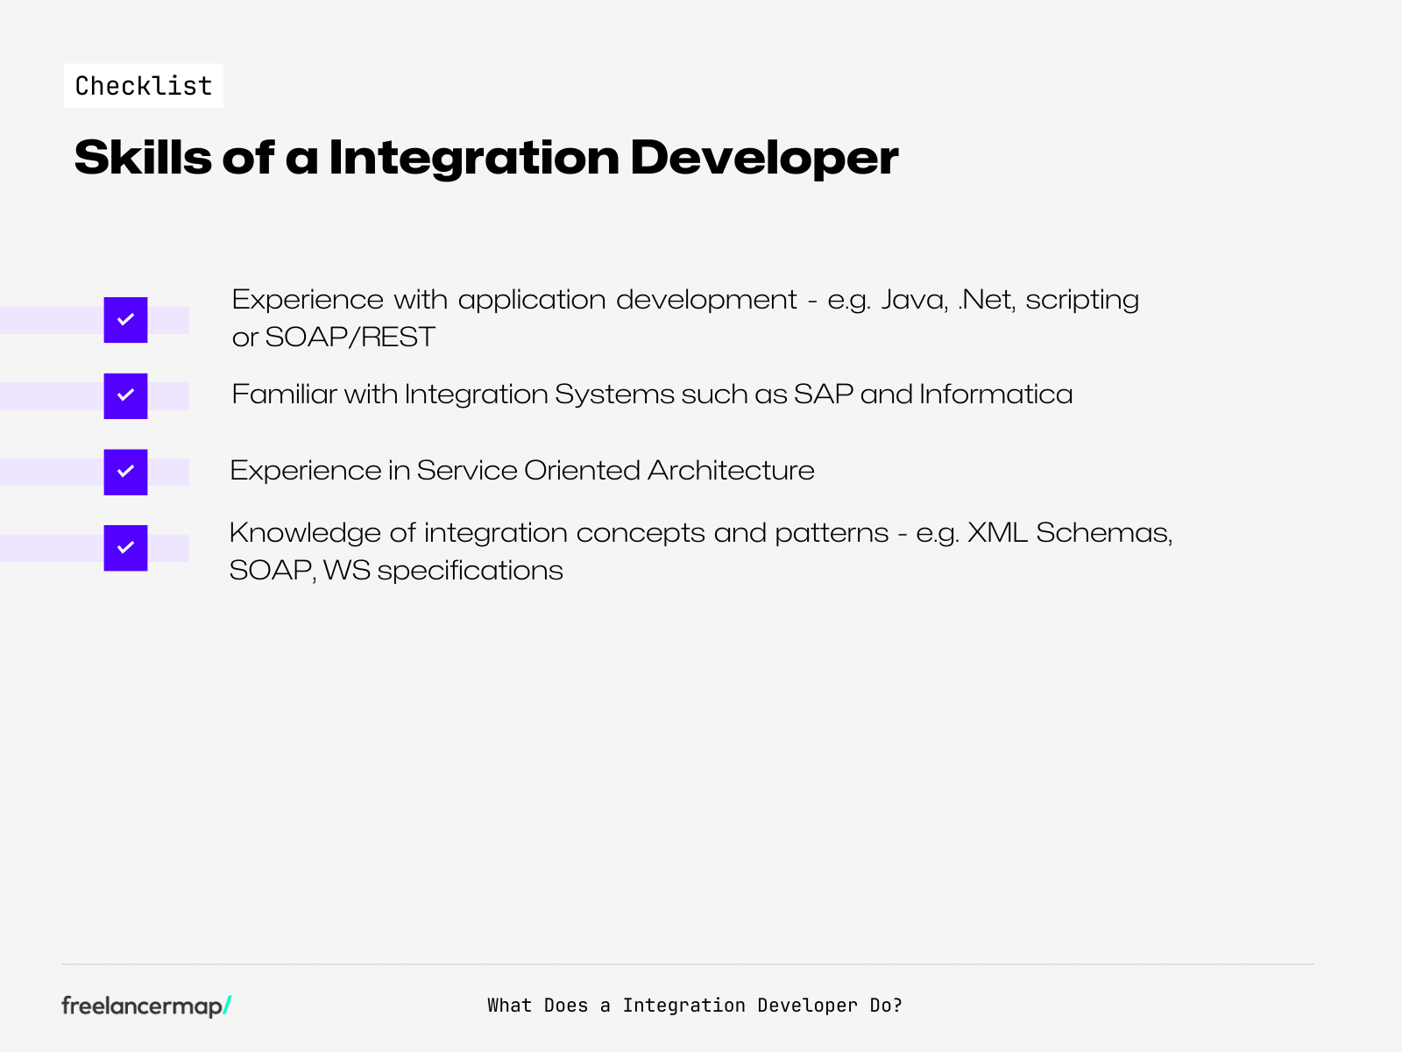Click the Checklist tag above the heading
click(x=144, y=86)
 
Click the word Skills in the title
click(x=143, y=158)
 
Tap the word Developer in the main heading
click(x=764, y=158)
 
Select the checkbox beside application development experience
click(x=125, y=320)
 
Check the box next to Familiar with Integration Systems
click(x=125, y=396)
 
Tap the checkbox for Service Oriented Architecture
click(x=125, y=473)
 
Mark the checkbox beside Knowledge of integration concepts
click(x=125, y=548)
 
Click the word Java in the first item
click(x=913, y=300)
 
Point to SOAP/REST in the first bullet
click(x=350, y=338)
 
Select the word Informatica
click(x=995, y=394)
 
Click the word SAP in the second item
click(x=824, y=394)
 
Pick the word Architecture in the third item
click(x=731, y=471)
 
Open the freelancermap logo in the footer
click(x=140, y=1006)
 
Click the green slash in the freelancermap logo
click(x=227, y=1006)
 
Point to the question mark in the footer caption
click(x=897, y=1006)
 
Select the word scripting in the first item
click(x=1082, y=300)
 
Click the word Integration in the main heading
click(x=474, y=158)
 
